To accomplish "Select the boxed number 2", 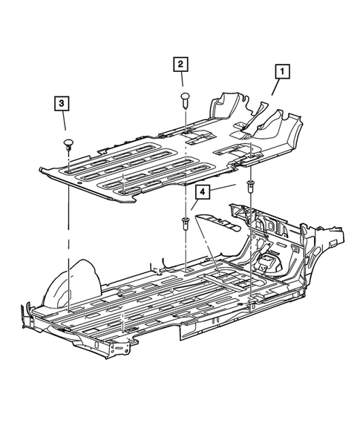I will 180,64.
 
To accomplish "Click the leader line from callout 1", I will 275,88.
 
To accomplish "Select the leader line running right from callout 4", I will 223,188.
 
